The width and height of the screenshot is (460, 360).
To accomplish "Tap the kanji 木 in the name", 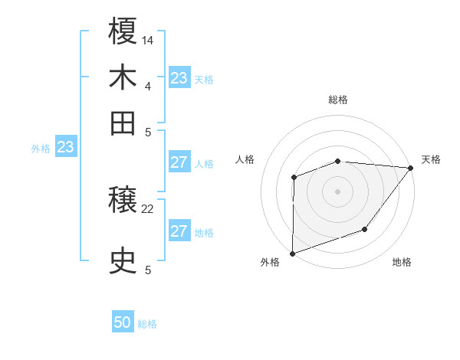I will click(x=123, y=78).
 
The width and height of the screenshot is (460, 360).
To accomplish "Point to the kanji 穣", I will click(x=123, y=201).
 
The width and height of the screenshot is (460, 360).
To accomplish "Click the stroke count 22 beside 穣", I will click(x=148, y=208).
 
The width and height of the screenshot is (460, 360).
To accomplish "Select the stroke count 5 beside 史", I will click(x=147, y=270).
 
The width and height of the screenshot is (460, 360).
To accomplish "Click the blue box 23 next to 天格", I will click(x=179, y=78).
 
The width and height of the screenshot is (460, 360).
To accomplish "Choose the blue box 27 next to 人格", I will click(x=179, y=162).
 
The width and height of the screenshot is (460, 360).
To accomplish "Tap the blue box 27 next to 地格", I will click(x=179, y=231).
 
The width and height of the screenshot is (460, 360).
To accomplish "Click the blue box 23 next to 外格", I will click(x=65, y=147).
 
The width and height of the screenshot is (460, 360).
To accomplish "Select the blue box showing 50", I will click(x=123, y=322).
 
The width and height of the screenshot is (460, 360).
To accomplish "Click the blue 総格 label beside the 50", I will click(x=147, y=324).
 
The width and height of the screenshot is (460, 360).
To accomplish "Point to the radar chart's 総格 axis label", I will click(x=337, y=100).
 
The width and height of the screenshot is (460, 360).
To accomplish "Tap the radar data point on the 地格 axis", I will click(x=365, y=229).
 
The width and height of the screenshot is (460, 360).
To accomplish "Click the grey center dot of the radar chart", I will click(x=337, y=191).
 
